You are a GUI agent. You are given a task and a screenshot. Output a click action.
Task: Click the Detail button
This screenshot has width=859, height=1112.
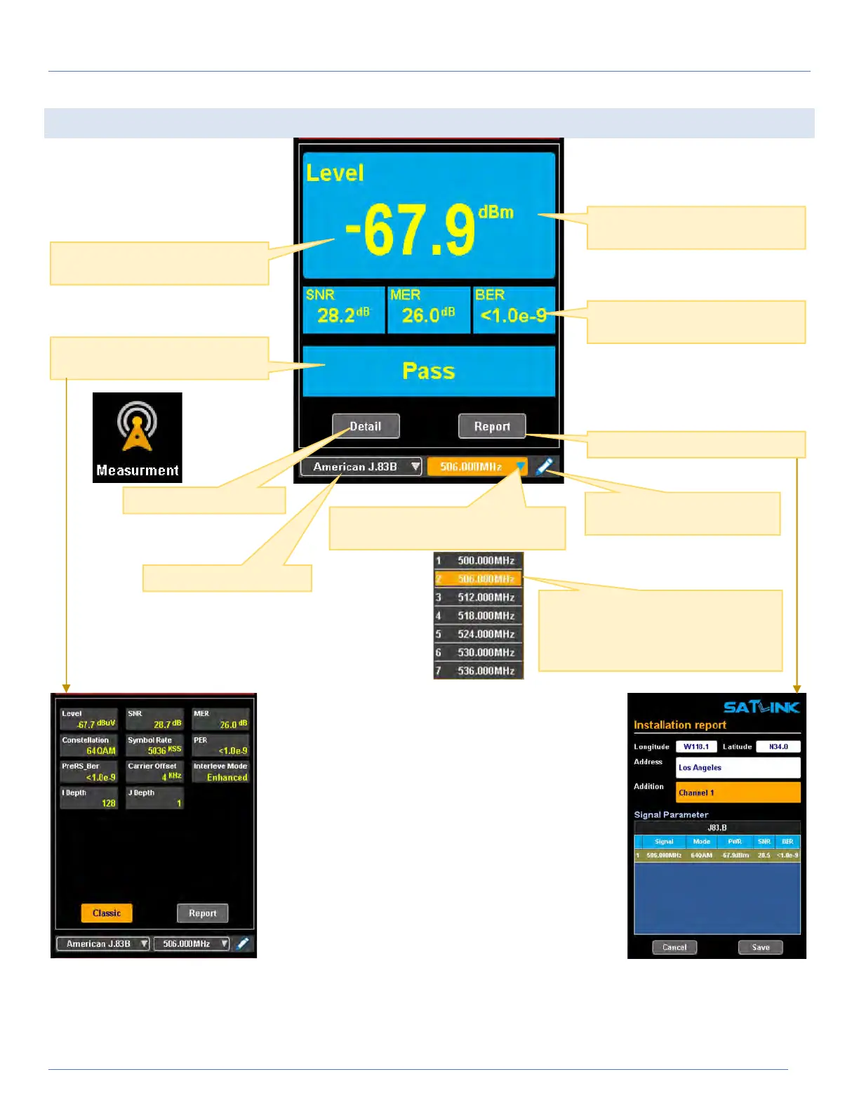click(366, 426)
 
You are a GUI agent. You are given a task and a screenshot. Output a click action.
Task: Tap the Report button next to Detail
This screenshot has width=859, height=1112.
click(491, 426)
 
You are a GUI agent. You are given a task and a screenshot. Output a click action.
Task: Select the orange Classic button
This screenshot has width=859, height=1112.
click(107, 913)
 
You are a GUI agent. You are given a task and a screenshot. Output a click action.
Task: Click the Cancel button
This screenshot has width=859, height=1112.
click(674, 947)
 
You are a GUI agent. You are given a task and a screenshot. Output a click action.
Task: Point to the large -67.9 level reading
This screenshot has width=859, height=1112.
click(411, 230)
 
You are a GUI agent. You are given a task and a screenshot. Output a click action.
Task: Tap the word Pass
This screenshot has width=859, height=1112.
click(428, 371)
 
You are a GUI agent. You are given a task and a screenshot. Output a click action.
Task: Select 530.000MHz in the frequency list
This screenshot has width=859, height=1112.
click(479, 652)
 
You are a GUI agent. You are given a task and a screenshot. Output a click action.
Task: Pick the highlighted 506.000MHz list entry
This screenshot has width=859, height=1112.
click(479, 578)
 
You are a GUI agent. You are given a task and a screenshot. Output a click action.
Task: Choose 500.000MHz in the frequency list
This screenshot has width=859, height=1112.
click(479, 560)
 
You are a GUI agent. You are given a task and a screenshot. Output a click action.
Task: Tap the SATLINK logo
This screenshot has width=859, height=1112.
click(761, 707)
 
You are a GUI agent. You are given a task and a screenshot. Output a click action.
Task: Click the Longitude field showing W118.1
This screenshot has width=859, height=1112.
click(696, 746)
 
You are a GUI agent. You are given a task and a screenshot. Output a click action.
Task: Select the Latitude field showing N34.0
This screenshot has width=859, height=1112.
click(778, 746)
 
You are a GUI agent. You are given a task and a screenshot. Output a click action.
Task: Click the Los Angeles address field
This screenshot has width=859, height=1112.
click(738, 767)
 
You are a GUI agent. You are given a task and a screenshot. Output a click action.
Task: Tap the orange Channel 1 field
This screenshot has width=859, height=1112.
click(738, 793)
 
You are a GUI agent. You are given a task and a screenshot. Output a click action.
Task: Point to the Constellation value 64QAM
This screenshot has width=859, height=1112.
click(101, 750)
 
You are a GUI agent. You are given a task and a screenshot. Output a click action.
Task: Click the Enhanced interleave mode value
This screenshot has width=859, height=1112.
click(227, 777)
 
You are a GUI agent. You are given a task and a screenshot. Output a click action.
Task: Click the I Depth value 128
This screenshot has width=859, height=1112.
click(108, 803)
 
